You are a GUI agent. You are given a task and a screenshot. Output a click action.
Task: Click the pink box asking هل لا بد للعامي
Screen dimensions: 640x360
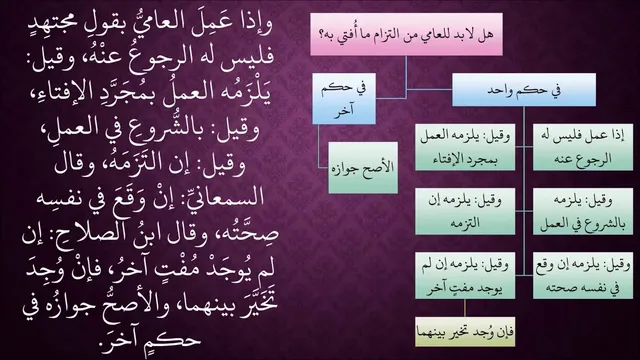click(x=406, y=34)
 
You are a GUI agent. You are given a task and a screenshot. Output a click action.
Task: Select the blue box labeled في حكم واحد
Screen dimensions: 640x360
click(x=524, y=90)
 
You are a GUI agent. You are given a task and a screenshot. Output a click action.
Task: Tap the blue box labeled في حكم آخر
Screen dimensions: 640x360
click(x=344, y=98)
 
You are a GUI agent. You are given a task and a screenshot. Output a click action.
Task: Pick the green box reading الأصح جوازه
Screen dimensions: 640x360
click(x=363, y=167)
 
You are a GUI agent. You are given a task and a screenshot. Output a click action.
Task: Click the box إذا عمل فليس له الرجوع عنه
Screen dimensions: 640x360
click(x=583, y=147)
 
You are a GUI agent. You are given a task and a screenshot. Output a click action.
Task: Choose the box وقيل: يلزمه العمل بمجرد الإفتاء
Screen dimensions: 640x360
click(x=465, y=147)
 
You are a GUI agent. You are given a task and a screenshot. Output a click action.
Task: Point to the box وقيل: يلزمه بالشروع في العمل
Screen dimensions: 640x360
click(x=583, y=211)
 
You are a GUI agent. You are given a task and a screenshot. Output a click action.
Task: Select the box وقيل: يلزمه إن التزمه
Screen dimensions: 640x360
click(x=465, y=211)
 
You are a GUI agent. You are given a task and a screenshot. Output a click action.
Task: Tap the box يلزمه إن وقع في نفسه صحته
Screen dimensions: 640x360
click(x=583, y=276)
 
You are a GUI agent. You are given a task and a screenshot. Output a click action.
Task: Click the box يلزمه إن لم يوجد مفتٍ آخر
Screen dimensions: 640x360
click(x=465, y=276)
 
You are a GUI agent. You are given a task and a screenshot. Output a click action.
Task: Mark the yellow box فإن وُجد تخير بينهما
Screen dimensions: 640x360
click(x=465, y=332)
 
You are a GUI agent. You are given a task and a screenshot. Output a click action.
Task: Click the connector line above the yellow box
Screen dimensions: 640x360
click(x=465, y=308)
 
